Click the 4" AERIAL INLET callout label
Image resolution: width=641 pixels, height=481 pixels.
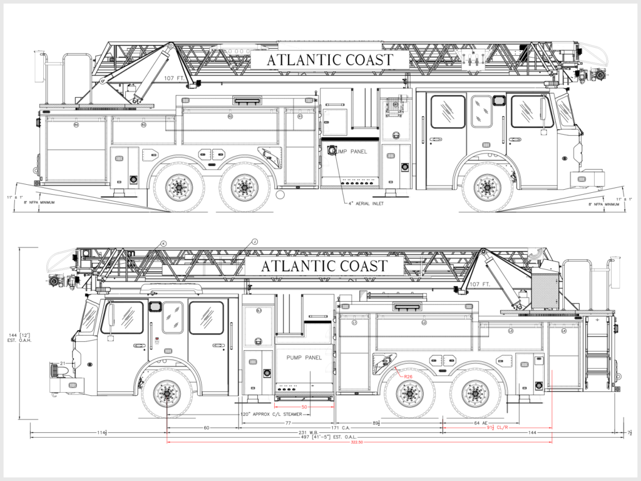[367, 204]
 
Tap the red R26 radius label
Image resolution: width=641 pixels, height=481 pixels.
[408, 376]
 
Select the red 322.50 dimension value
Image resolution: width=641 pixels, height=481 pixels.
[359, 442]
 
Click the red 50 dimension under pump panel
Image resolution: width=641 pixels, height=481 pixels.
[304, 407]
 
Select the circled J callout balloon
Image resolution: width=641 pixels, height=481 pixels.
[255, 242]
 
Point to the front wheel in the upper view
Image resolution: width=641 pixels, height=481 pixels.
[488, 186]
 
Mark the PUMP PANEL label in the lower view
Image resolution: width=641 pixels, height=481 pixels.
[304, 357]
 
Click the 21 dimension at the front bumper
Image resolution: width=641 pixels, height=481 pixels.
[63, 363]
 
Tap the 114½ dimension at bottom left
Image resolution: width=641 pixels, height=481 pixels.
[100, 433]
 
